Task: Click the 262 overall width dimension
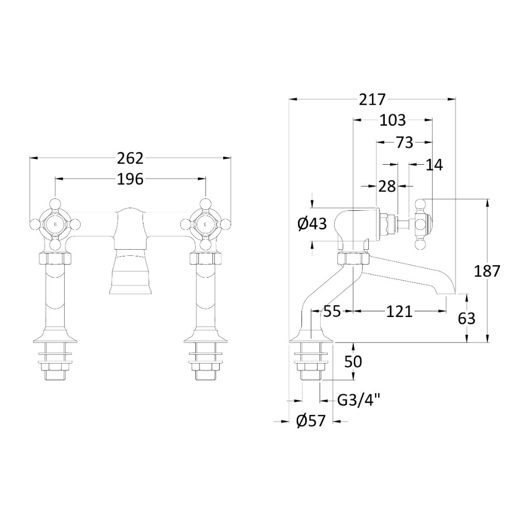(130, 158)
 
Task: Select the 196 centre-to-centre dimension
(130, 179)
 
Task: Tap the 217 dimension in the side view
(372, 99)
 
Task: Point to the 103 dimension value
(393, 120)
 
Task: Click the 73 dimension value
(405, 142)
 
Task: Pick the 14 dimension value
(434, 165)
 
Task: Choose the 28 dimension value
(387, 186)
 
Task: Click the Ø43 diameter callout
(312, 224)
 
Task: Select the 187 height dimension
(487, 271)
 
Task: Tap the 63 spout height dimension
(467, 319)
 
